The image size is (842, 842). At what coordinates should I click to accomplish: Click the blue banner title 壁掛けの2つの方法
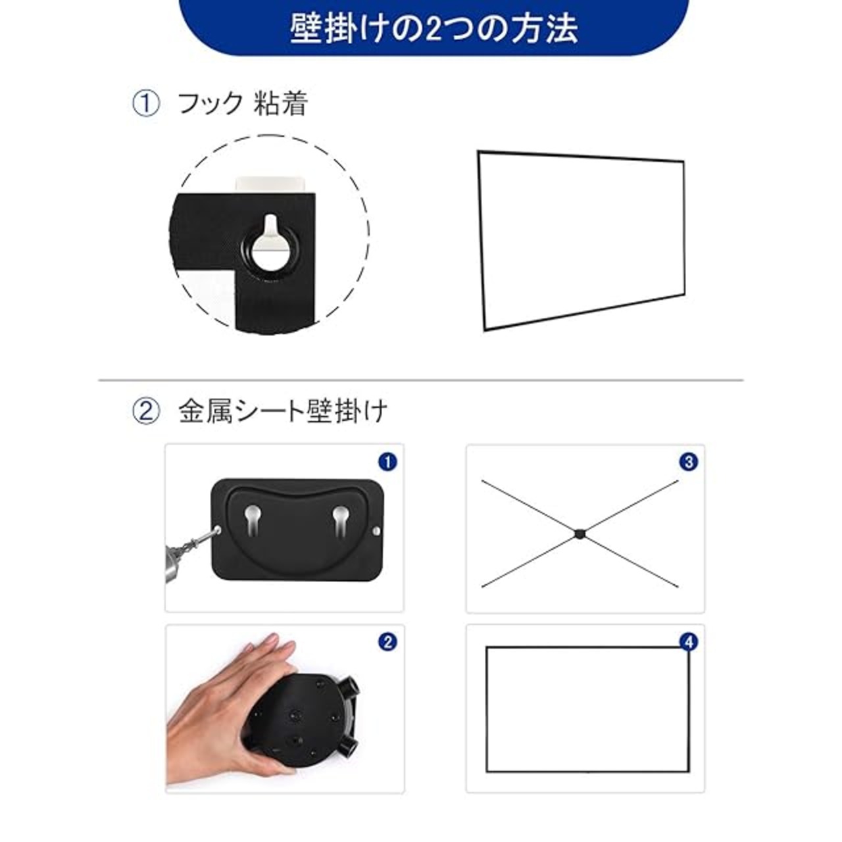(x=434, y=28)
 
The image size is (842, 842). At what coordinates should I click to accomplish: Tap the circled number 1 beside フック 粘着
(x=146, y=104)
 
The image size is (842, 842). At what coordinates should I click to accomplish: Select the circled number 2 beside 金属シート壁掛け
(x=146, y=412)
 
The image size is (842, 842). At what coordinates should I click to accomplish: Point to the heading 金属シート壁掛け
(x=283, y=412)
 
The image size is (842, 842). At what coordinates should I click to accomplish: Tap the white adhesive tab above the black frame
(x=270, y=184)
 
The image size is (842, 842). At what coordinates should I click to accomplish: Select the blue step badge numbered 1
(x=387, y=461)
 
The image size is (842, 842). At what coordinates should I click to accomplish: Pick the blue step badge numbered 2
(x=387, y=642)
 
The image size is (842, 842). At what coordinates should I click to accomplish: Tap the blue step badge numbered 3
(x=689, y=461)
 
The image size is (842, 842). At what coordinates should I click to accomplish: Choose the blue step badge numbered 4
(x=689, y=642)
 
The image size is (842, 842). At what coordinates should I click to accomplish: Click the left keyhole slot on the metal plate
(x=253, y=520)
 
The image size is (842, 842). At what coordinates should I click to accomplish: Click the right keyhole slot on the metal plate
(x=340, y=520)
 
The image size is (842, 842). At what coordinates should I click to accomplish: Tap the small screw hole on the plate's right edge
(x=377, y=531)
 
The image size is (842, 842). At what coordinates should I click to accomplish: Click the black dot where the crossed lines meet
(x=580, y=533)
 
